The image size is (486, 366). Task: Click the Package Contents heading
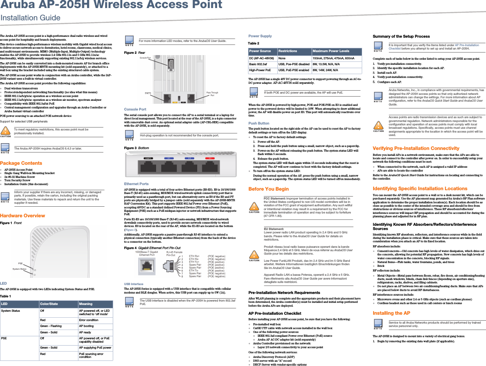point(22,163)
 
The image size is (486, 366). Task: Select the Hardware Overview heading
point(23,216)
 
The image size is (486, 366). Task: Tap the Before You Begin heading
point(268,189)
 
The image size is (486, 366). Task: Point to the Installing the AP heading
point(391,313)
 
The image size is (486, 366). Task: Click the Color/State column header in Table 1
point(49,304)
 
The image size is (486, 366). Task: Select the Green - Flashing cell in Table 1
point(51,326)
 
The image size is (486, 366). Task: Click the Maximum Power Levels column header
point(331,51)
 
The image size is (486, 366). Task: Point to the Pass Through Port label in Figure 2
point(212,94)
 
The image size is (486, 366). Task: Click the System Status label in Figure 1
point(20,269)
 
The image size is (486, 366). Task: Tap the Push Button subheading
point(259,123)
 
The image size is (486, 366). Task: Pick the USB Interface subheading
point(134,284)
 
